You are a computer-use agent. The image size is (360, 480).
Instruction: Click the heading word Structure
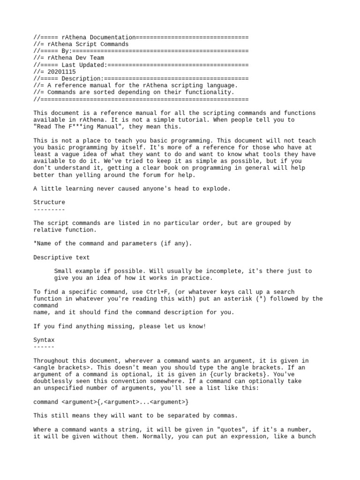[49, 202]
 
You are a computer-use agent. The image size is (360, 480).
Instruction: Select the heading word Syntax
[44, 339]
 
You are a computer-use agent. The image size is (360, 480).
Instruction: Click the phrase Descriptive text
[61, 257]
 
